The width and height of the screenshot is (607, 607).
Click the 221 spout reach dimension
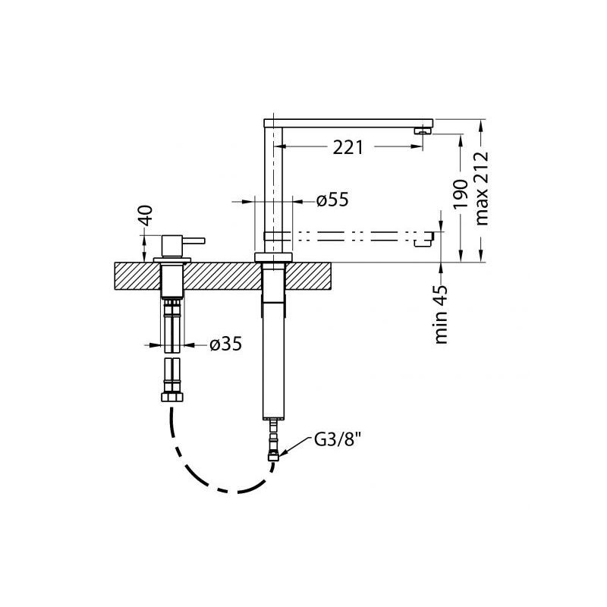pos(348,147)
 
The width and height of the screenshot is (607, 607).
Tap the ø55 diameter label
pos(332,200)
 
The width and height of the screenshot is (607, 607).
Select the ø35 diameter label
pos(225,344)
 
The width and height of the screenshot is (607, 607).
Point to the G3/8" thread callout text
pos(334,441)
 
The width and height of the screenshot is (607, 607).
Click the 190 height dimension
pos(461,194)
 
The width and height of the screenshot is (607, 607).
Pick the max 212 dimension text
pos(482,188)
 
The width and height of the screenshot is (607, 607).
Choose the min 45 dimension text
pos(441,314)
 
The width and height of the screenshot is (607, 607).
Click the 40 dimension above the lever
pos(146,216)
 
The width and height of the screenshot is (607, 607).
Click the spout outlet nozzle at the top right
pos(423,131)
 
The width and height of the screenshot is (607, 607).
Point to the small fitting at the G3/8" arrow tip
pos(273,458)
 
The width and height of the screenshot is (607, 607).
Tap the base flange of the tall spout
pos(273,257)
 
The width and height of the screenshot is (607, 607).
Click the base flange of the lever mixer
pos(172,259)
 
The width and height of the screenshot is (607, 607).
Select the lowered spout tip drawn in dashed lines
pos(424,238)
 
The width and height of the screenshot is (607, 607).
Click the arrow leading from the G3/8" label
pos(295,445)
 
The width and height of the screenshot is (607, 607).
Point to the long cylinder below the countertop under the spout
pos(273,360)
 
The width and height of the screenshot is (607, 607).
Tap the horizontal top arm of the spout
pos(348,124)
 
